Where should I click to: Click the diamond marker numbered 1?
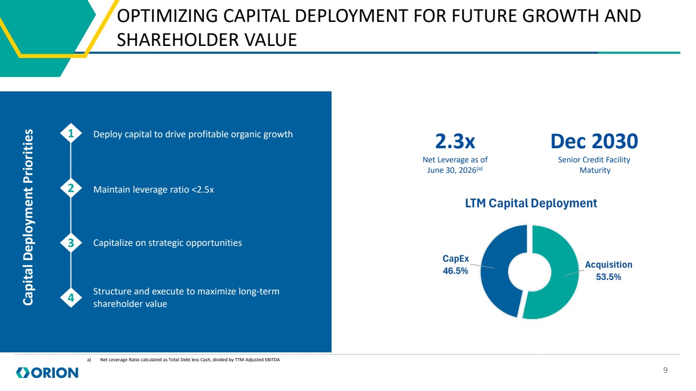click(x=71, y=133)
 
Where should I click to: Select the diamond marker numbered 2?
click(x=71, y=188)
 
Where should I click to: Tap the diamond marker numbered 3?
click(x=71, y=243)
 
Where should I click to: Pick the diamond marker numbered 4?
click(x=71, y=298)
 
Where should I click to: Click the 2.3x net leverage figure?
click(x=455, y=141)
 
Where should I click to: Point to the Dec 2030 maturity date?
click(x=594, y=141)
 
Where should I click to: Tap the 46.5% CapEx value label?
click(x=455, y=271)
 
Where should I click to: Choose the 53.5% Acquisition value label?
click(x=608, y=277)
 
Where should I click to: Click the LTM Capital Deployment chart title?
click(x=530, y=203)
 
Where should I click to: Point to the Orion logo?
click(x=47, y=373)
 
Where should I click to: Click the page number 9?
click(x=665, y=370)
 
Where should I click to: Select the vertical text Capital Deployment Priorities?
click(x=28, y=217)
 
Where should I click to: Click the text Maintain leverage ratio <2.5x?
click(x=154, y=189)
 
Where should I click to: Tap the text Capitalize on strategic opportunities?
click(x=168, y=243)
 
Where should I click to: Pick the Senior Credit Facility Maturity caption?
click(x=594, y=165)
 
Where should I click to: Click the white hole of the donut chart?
click(x=529, y=272)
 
